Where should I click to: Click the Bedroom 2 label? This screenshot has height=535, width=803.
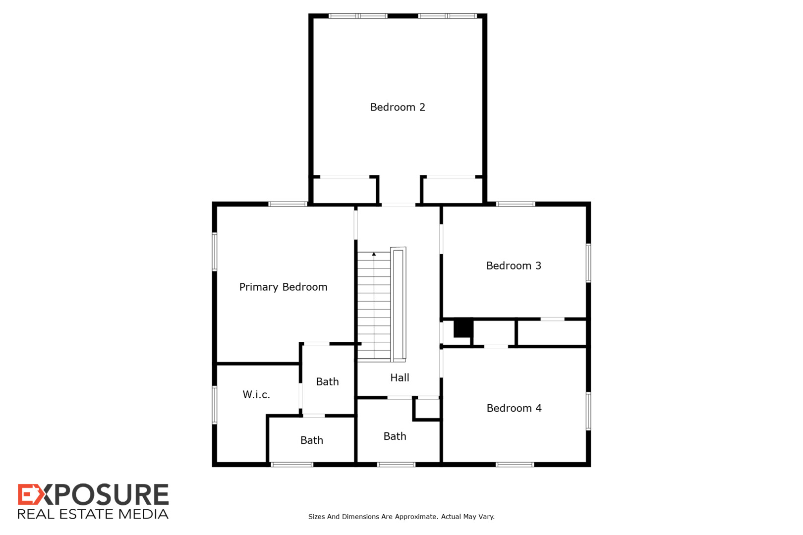[x=398, y=107]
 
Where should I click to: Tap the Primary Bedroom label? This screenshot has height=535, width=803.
[x=283, y=287]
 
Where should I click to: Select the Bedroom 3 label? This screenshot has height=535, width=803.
[x=514, y=266]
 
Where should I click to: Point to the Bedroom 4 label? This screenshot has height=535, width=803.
[x=514, y=408]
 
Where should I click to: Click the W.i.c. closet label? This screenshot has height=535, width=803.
[x=256, y=394]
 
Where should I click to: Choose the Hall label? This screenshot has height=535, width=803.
[x=400, y=377]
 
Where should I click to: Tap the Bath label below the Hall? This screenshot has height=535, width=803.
[x=395, y=436]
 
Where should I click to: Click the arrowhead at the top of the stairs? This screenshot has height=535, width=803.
[x=374, y=254]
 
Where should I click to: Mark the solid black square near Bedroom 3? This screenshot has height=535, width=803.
[x=462, y=328]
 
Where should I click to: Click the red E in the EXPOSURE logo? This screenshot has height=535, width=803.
[x=26, y=495]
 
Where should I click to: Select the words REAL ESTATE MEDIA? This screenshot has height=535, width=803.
[x=93, y=514]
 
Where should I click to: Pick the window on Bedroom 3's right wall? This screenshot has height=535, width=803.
[x=588, y=263]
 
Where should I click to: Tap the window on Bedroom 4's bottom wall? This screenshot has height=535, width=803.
[x=515, y=465]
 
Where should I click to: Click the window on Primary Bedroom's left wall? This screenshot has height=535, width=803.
[x=215, y=252]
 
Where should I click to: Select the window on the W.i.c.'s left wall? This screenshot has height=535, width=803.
[x=215, y=405]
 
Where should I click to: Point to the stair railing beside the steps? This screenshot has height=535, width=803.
[x=398, y=304]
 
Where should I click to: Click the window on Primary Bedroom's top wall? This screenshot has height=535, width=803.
[x=287, y=204]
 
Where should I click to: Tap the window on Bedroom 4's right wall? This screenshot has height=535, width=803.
[x=588, y=411]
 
